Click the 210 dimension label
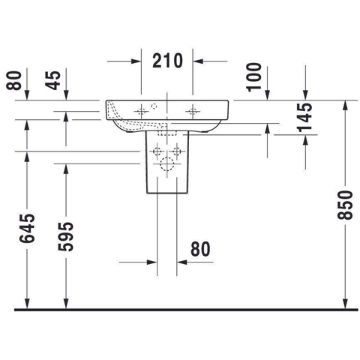pyautogui.click(x=167, y=61)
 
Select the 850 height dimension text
pyautogui.click(x=345, y=205)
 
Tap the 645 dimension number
pyautogui.click(x=27, y=228)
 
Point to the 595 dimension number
pyautogui.click(x=66, y=236)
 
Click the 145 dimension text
pyautogui.click(x=304, y=117)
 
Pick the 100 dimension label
pyautogui.click(x=253, y=77)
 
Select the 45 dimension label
pyautogui.click(x=53, y=80)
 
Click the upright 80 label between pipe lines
pyautogui.click(x=200, y=249)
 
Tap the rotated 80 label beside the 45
pyautogui.click(x=13, y=80)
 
